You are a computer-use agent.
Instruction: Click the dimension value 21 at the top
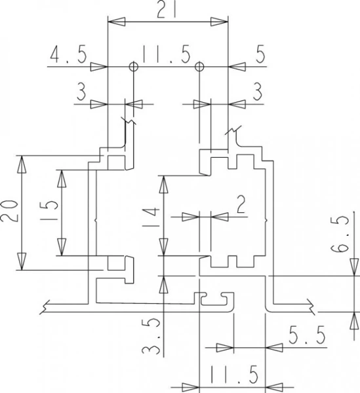pos(166,10)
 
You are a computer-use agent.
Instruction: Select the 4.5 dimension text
pos(68,54)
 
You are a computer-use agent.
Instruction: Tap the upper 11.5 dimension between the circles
pos(166,54)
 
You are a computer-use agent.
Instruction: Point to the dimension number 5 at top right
pos(260,54)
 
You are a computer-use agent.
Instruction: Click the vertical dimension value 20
pos(9,211)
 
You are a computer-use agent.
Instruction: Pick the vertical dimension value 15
pos(49,210)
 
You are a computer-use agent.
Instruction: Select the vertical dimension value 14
pos(151,217)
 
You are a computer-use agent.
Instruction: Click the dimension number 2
pos(241,205)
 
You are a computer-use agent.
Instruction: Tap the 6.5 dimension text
pos(340,234)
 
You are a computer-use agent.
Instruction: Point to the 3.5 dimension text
pos(151,336)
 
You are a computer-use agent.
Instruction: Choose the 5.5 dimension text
pos(307,335)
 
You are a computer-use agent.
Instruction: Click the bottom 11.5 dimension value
pos(234,375)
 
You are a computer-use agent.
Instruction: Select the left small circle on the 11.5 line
pos(134,67)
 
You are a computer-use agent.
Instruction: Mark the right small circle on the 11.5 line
pos(199,67)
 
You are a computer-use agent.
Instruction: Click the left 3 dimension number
pos(81,92)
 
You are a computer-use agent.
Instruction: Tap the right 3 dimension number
pos(258,92)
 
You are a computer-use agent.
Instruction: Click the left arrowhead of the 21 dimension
pos(116,22)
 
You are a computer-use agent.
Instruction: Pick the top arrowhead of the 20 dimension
pos(22,164)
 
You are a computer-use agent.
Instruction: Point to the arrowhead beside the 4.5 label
pos(99,67)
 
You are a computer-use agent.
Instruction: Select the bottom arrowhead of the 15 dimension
pos(62,247)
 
